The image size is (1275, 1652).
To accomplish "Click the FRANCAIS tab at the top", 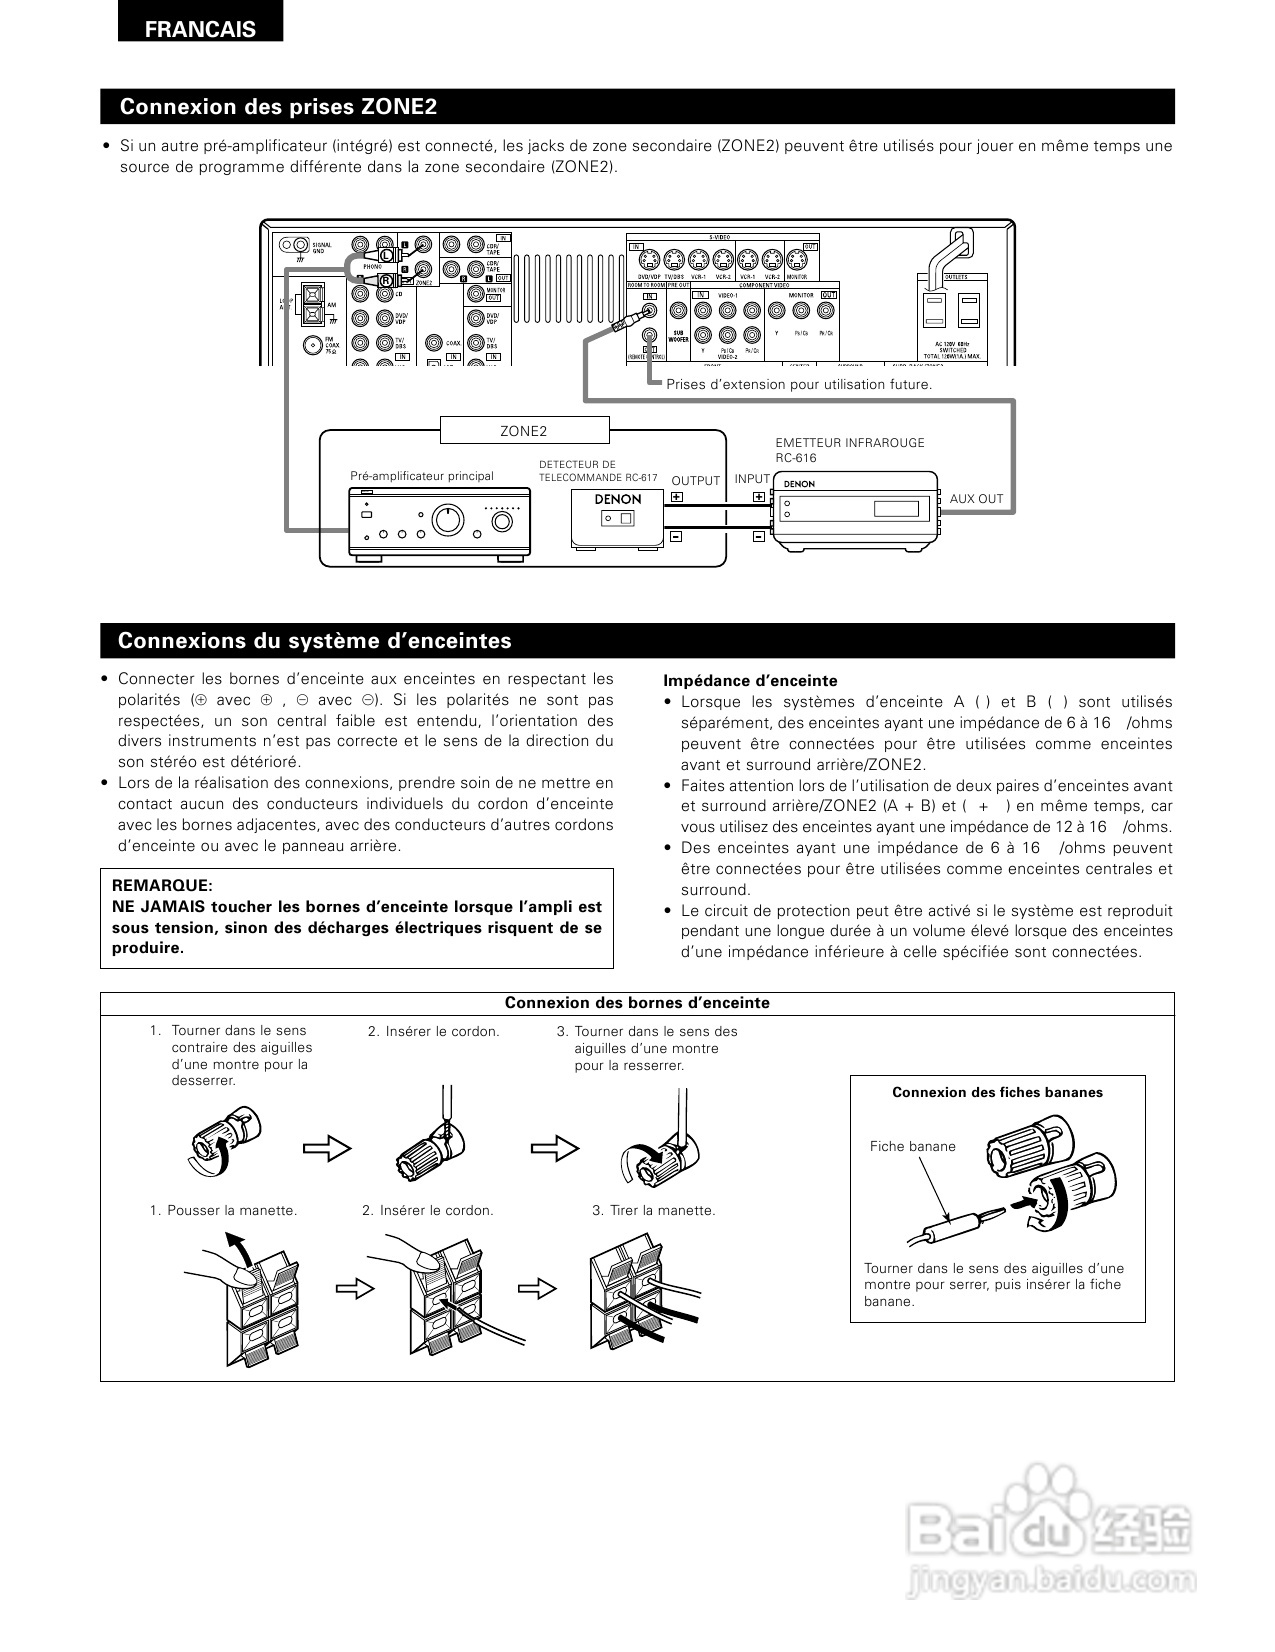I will coord(200,29).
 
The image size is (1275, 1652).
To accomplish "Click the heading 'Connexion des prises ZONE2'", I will coord(278,107).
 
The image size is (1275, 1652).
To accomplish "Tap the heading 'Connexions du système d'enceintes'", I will coord(314,641).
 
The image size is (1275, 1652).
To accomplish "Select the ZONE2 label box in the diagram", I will coord(524,431).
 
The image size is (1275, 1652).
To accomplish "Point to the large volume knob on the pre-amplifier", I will coord(447,520).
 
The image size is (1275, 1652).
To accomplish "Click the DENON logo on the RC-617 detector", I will coord(617,498).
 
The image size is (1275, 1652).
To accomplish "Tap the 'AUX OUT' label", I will coord(976,498).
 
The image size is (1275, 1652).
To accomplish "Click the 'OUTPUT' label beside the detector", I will coord(695,481).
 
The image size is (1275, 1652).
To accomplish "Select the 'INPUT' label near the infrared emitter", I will coord(752,479).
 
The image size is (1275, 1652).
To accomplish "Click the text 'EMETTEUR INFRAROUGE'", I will coord(850,443).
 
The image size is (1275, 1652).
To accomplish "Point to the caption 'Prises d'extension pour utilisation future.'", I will coord(799,384).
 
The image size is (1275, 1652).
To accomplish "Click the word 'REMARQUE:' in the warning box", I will coord(162,886).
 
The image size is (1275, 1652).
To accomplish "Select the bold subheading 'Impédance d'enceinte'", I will coord(750,681).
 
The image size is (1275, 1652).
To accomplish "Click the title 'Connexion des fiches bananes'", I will coord(997,1092).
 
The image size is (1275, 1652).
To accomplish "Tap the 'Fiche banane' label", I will coord(912,1146).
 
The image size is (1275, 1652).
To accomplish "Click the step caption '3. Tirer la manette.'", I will coord(654,1210).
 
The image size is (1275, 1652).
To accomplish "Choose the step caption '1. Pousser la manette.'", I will coord(224,1210).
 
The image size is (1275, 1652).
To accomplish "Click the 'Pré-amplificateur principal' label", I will coord(421,476).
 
